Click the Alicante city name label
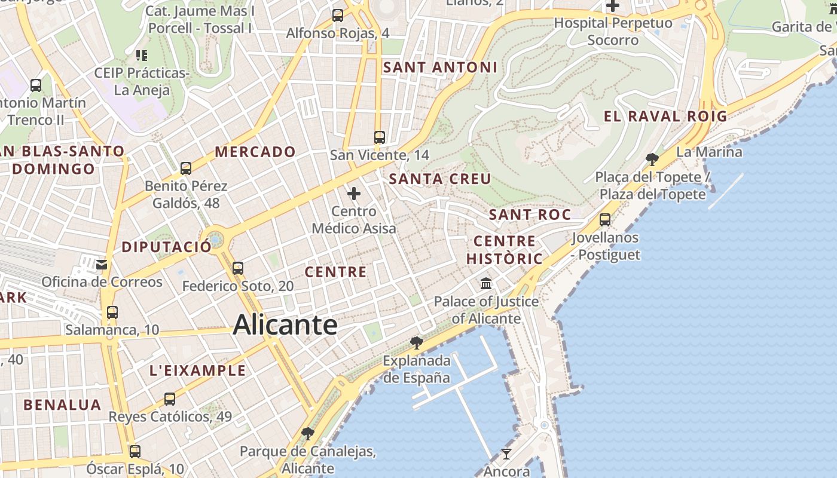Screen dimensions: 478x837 (285, 325)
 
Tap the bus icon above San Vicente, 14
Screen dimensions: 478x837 (379, 137)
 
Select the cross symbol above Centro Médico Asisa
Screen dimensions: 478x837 (354, 194)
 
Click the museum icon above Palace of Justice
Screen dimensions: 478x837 (486, 283)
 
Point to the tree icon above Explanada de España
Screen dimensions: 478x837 (417, 342)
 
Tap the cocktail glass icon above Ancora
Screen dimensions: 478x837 (506, 454)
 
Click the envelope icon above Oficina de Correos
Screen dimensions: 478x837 (102, 264)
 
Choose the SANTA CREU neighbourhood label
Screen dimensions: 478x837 (440, 179)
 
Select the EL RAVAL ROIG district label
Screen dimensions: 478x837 (665, 117)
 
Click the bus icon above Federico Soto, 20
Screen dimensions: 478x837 (238, 268)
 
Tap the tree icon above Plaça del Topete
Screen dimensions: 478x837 (652, 159)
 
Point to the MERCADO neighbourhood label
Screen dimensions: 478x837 (255, 152)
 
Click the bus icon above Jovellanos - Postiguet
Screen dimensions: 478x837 (605, 219)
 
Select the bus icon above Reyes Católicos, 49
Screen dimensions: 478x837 (170, 399)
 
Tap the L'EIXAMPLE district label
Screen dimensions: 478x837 (197, 370)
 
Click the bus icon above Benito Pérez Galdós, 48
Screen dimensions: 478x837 (186, 168)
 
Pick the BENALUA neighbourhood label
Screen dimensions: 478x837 (62, 405)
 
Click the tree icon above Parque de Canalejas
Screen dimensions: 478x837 (308, 433)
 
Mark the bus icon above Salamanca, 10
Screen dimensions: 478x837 (112, 311)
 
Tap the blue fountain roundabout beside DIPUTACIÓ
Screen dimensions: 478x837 (215, 240)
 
